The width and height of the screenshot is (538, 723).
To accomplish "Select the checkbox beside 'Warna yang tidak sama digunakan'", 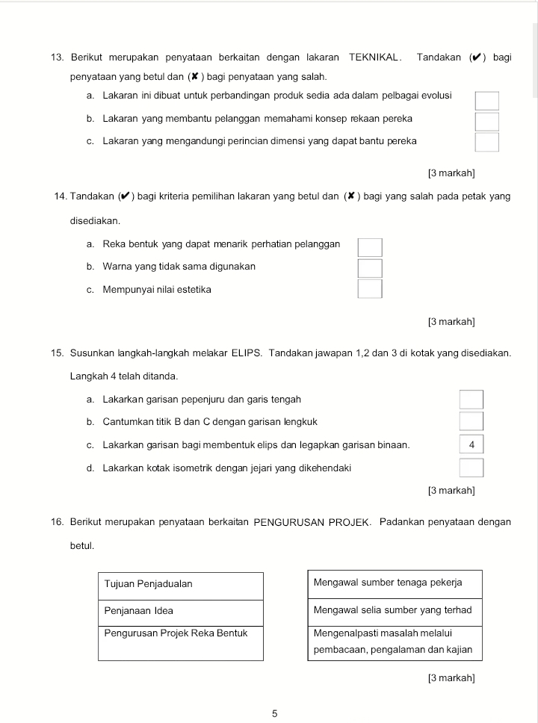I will (370, 267).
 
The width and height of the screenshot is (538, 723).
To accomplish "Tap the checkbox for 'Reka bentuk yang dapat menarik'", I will (370, 247).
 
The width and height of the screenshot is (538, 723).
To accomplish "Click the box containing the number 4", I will (471, 444).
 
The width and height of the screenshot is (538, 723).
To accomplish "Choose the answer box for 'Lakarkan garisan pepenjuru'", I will (471, 400).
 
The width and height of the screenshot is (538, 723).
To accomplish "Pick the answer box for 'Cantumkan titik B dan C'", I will (471, 421).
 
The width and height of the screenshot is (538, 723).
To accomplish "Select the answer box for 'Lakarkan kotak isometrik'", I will (471, 468).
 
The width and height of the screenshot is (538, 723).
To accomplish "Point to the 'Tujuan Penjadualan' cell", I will (180, 585).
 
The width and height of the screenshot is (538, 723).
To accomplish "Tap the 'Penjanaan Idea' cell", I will (180, 612).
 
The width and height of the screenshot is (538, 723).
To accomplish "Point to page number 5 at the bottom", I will (274, 713).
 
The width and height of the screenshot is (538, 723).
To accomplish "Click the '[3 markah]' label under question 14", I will (451, 322).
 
